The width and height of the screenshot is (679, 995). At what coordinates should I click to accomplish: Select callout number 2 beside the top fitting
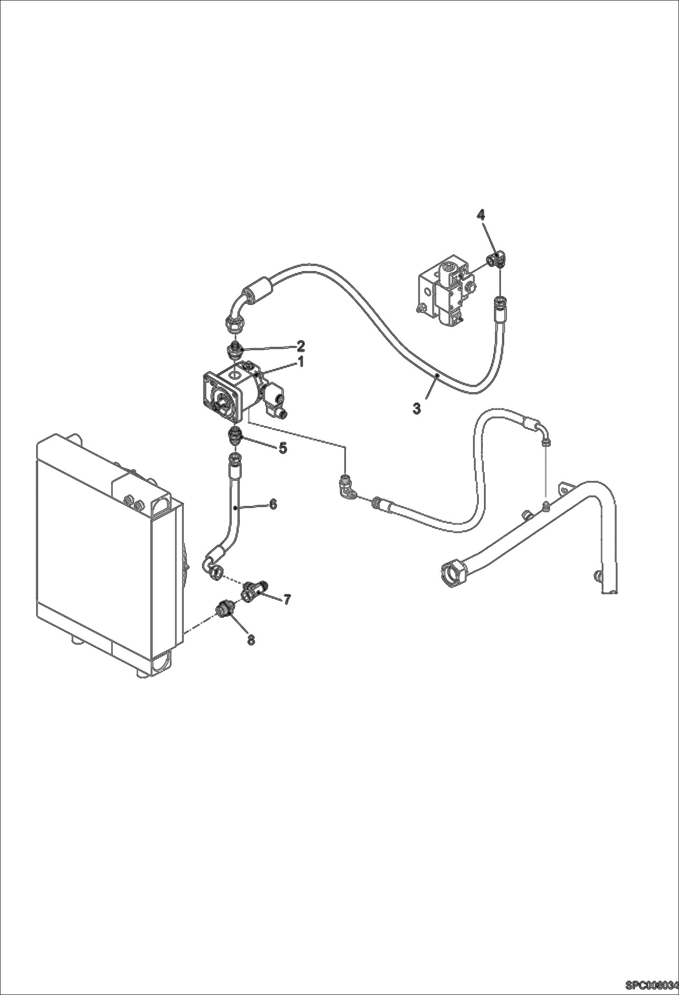(301, 346)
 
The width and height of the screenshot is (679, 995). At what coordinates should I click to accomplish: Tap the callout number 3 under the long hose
(417, 408)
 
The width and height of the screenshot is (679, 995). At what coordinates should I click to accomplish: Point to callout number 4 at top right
(481, 214)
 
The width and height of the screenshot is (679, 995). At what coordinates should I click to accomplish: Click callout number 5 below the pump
(282, 449)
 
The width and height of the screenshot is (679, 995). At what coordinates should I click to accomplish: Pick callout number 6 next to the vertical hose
(273, 504)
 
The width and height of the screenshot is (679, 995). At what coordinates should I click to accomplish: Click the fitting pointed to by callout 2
(234, 350)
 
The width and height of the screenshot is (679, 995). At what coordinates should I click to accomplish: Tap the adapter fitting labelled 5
(236, 437)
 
